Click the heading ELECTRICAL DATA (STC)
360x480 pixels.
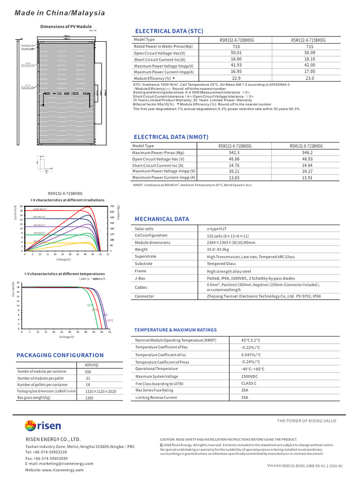pyautogui.click(x=169, y=31)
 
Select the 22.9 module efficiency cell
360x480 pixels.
pyautogui.click(x=236, y=78)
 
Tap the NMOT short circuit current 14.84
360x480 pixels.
pyautogui.click(x=308, y=165)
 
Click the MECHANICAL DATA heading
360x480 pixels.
pyautogui.click(x=162, y=219)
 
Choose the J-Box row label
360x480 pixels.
pyautogui.click(x=141, y=278)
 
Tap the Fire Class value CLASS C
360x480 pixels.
pyautogui.click(x=249, y=383)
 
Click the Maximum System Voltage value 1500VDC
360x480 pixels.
pyautogui.click(x=249, y=376)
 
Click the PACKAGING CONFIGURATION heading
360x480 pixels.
pyautogui.click(x=60, y=355)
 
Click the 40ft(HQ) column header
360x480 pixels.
pyautogui.click(x=91, y=365)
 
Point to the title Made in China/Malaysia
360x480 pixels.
pyautogui.click(x=60, y=13)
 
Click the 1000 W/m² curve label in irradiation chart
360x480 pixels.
pyautogui.click(x=40, y=209)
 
